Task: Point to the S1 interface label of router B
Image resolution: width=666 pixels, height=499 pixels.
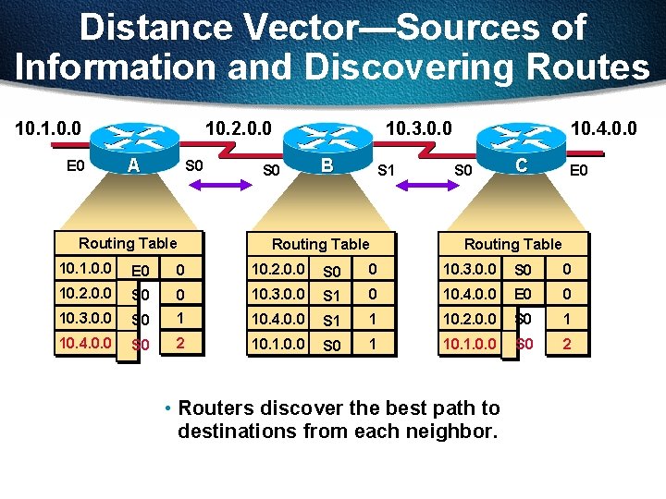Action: pyautogui.click(x=388, y=170)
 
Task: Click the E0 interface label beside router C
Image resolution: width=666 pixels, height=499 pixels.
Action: pyautogui.click(x=579, y=170)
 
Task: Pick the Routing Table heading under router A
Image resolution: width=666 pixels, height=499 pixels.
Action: pyautogui.click(x=128, y=243)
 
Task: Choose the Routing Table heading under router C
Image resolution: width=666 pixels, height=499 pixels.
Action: pyautogui.click(x=512, y=244)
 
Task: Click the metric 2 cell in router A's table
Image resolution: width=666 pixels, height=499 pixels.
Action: pyautogui.click(x=180, y=343)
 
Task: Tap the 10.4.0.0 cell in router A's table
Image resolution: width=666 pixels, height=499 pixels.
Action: pyautogui.click(x=85, y=343)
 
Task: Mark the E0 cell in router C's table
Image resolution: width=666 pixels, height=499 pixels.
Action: pyautogui.click(x=523, y=295)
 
